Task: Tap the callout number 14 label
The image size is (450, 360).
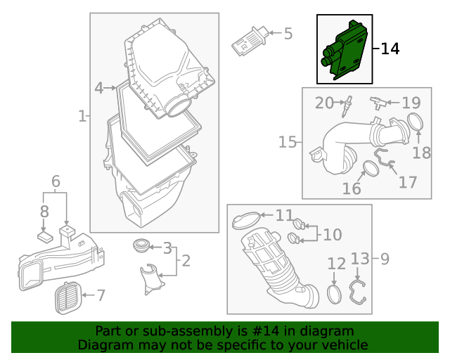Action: click(x=390, y=49)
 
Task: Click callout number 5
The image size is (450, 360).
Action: click(x=288, y=33)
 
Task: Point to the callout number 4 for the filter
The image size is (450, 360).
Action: click(x=99, y=88)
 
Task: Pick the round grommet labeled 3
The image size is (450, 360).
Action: click(x=141, y=247)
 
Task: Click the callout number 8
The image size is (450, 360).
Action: click(x=44, y=211)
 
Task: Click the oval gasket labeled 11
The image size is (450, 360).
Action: click(x=244, y=221)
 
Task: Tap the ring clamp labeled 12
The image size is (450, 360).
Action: click(x=335, y=294)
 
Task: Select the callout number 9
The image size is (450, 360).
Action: click(x=385, y=259)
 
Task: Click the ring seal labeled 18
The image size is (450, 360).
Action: click(x=415, y=123)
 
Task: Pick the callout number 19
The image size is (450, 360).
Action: click(x=411, y=103)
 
